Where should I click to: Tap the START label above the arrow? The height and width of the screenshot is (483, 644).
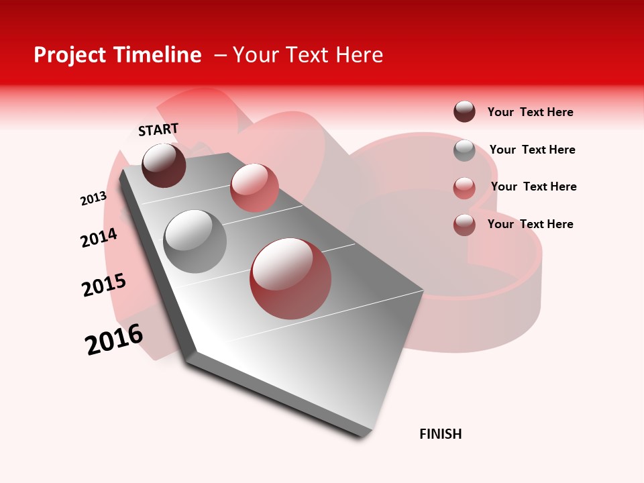click(158, 129)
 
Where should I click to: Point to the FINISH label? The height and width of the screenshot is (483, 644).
click(441, 434)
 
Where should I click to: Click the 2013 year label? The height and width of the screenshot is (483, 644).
click(93, 199)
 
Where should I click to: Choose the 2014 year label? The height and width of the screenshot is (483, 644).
click(99, 237)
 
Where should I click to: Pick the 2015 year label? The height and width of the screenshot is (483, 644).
click(104, 285)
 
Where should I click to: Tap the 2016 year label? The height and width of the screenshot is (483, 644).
click(114, 339)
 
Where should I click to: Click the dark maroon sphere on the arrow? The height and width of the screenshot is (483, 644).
click(164, 165)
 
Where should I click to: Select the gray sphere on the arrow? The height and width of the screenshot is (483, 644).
click(195, 241)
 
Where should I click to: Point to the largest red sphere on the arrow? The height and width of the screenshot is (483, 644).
click(290, 278)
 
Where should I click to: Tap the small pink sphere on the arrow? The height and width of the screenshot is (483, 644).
click(254, 187)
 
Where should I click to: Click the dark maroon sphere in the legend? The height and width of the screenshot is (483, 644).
click(464, 111)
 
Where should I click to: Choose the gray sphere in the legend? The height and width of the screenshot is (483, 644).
click(464, 150)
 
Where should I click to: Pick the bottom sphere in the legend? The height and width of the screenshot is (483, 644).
click(464, 224)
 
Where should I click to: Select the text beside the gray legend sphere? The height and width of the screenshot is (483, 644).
click(532, 150)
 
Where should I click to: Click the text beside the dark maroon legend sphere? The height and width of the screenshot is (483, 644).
click(530, 112)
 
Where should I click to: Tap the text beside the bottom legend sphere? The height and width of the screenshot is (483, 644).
click(530, 224)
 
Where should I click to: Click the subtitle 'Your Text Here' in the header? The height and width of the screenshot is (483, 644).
click(307, 55)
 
